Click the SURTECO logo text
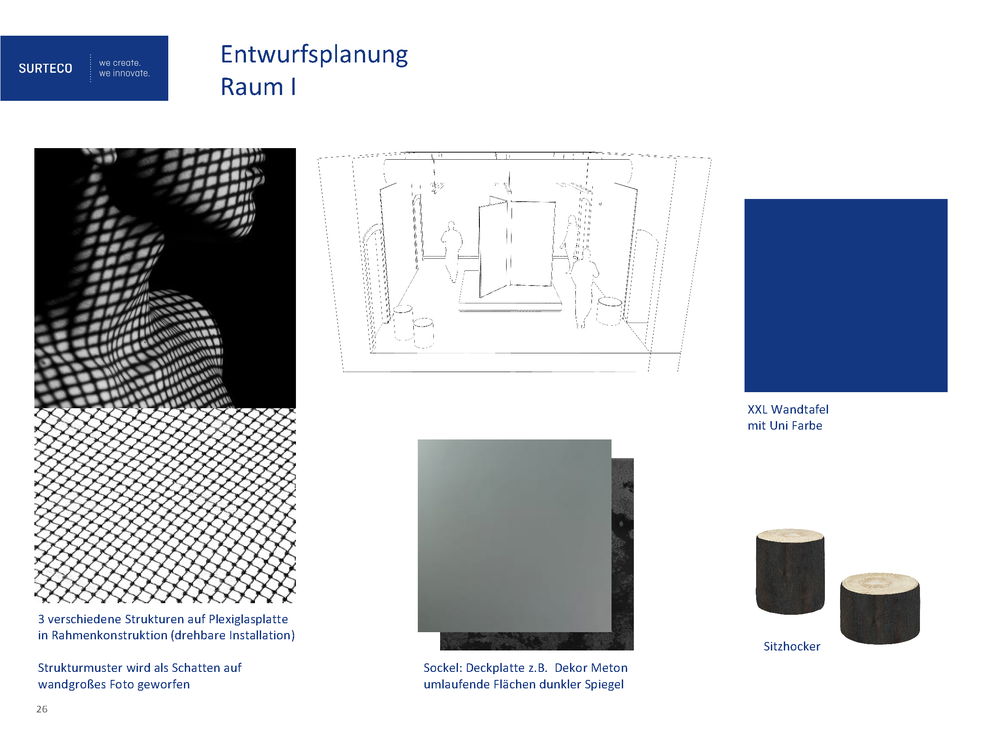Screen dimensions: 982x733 [45, 68]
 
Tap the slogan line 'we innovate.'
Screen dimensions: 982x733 [125, 73]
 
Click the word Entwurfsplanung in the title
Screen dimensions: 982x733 [314, 55]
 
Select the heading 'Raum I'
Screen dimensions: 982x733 [258, 87]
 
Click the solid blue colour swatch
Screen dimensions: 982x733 [846, 295]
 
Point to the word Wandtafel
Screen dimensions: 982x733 [799, 409]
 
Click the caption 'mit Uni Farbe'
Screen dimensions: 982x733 [785, 426]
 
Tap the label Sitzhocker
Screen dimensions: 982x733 [792, 646]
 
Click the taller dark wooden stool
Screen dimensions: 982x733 [790, 571]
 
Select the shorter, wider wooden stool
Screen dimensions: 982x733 [880, 609]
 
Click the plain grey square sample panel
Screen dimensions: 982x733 [514, 535]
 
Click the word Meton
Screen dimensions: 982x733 [609, 667]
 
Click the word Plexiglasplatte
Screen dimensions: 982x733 [248, 619]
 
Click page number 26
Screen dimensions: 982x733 [42, 709]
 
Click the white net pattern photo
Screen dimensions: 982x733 [165, 505]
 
